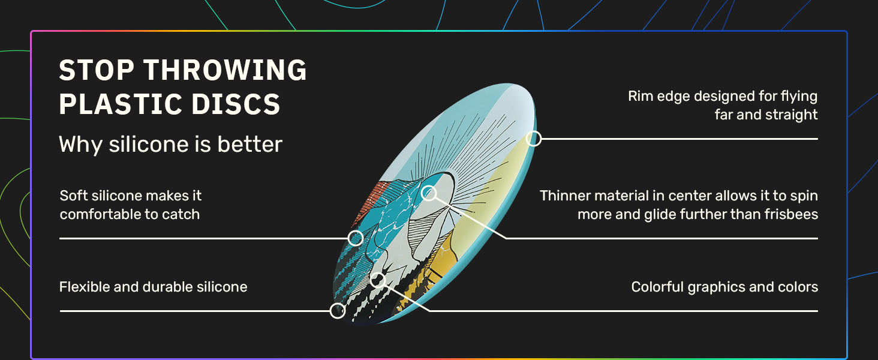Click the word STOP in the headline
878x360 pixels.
(97, 70)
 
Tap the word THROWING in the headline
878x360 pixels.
(225, 70)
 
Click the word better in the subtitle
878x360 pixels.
(249, 144)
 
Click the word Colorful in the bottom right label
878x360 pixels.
(657, 287)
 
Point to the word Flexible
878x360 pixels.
(85, 287)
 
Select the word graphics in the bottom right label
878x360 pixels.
(716, 287)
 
